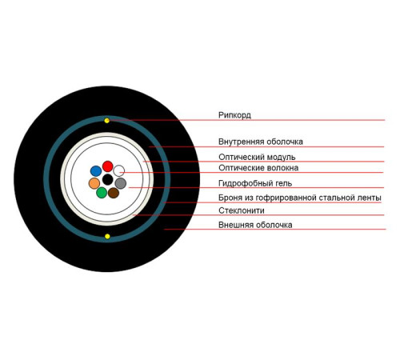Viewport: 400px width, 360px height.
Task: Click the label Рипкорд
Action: click(x=234, y=115)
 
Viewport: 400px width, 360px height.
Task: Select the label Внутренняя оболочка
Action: click(x=261, y=142)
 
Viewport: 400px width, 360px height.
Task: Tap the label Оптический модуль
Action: click(x=257, y=157)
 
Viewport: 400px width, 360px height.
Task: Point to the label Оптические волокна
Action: click(x=258, y=168)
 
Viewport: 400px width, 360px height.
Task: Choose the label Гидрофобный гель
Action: click(x=255, y=183)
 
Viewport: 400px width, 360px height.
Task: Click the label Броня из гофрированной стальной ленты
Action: click(x=300, y=198)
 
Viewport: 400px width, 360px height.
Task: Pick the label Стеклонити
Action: click(x=242, y=210)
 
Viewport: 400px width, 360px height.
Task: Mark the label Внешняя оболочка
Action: click(x=255, y=225)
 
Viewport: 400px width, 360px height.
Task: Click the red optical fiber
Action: click(x=108, y=166)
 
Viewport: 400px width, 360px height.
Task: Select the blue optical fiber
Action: click(x=96, y=171)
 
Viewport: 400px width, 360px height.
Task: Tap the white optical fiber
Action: click(x=119, y=170)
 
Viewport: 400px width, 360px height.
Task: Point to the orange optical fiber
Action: click(x=94, y=183)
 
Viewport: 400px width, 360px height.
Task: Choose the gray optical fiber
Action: click(x=121, y=183)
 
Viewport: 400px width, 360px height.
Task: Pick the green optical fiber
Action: click(x=102, y=193)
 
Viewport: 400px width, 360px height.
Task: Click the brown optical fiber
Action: click(x=114, y=193)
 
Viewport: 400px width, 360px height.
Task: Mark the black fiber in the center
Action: click(x=108, y=179)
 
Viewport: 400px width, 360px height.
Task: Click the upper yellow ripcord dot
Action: click(x=107, y=121)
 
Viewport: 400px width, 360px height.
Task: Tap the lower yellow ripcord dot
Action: click(x=107, y=236)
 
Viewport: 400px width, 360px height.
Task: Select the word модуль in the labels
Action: click(x=282, y=158)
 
